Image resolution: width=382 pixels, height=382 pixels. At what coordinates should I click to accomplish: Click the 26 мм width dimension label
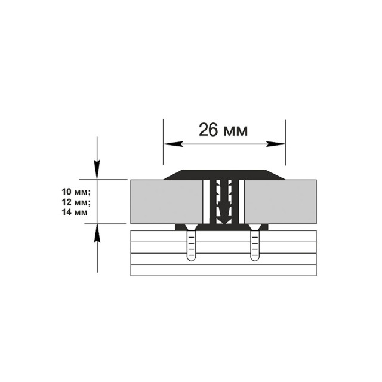pos(223,130)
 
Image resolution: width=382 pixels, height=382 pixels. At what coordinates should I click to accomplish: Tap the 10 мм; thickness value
pos(76,192)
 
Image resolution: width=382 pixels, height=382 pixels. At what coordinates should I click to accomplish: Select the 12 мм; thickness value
pos(76,202)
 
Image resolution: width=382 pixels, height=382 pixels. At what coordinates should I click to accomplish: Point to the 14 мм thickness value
pos(75,212)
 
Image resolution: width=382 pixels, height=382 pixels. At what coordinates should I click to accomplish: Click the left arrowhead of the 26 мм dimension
pos(173,144)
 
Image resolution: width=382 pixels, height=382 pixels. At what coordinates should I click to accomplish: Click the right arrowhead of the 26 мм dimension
pos(276,144)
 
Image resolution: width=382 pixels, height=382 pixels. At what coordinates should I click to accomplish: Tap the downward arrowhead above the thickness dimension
pos(97,170)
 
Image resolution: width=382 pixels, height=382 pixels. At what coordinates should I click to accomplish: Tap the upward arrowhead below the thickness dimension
pos(97,233)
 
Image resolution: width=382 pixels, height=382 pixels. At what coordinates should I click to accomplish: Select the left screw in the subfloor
pos(191,243)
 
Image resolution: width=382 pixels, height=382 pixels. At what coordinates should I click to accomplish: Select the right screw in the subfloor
pos(255,243)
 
